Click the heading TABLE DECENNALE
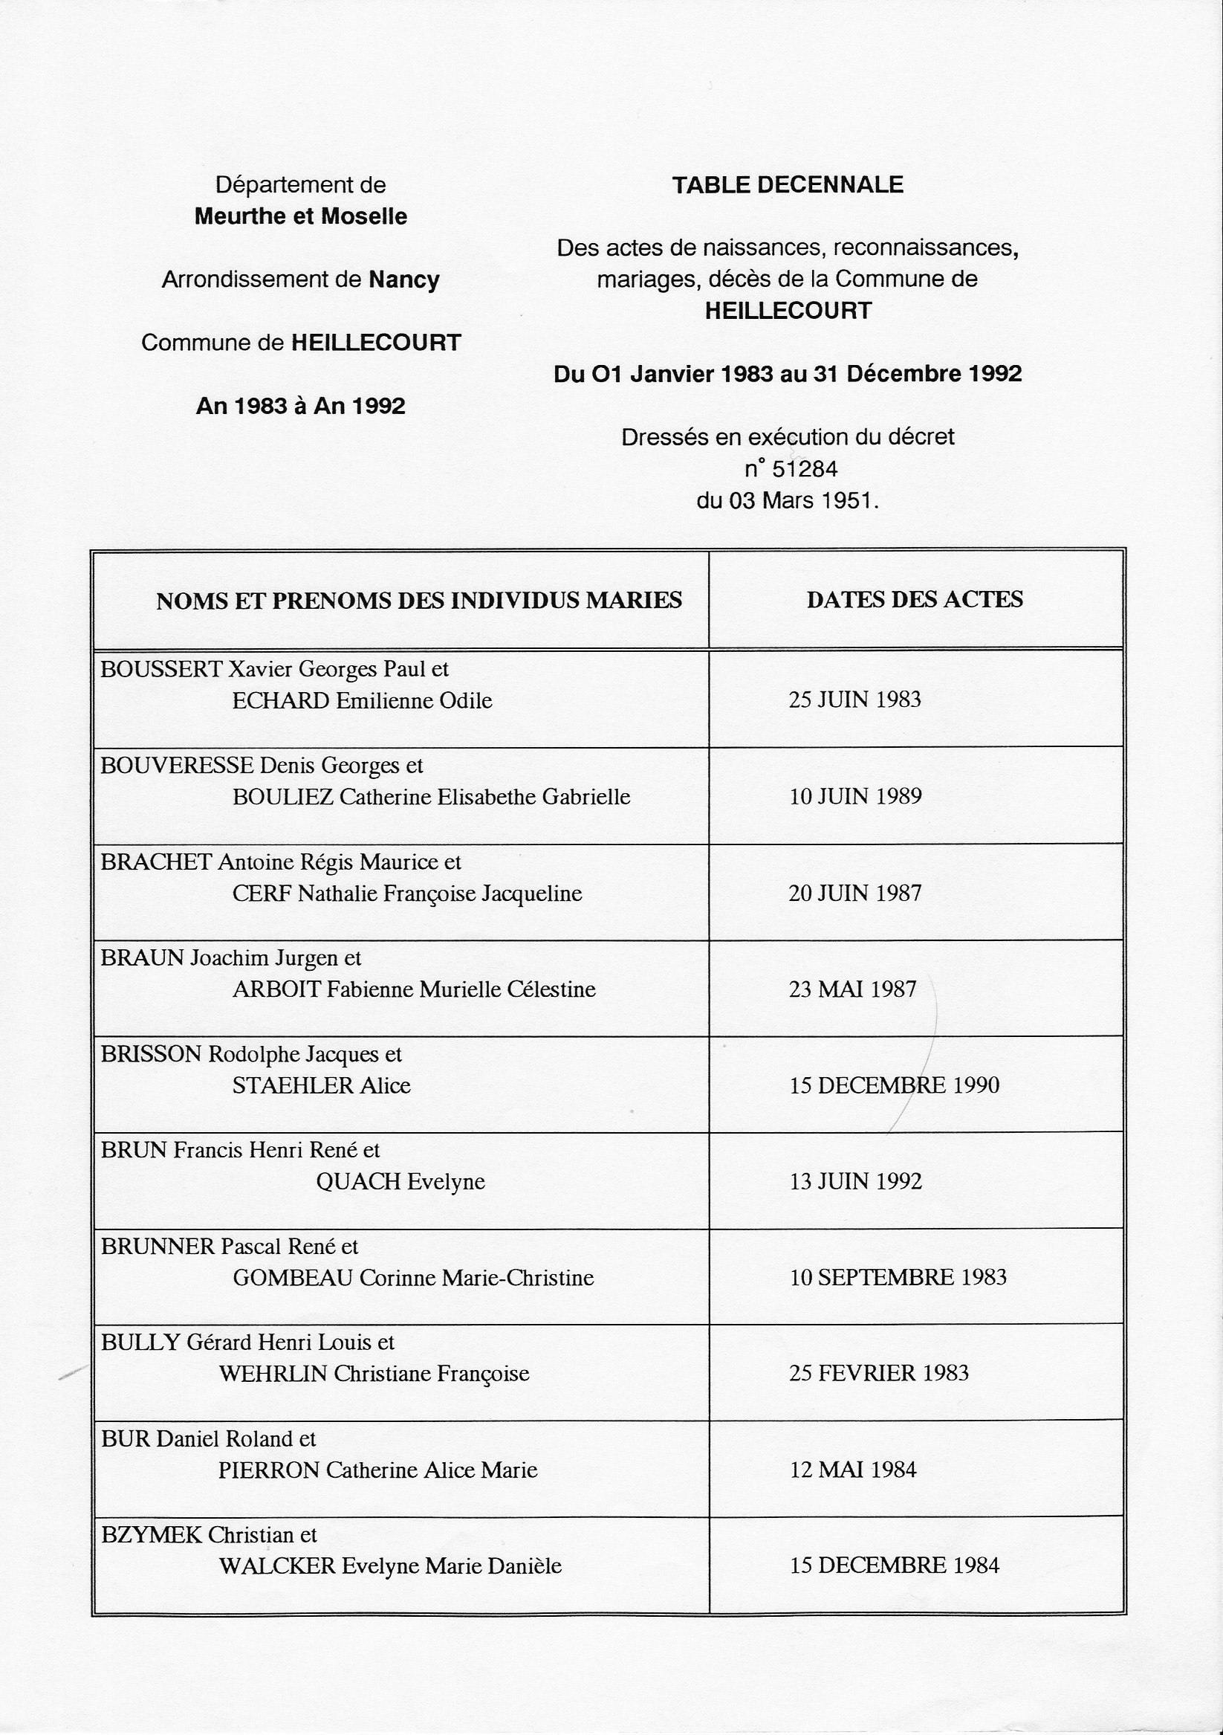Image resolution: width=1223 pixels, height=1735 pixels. (x=787, y=185)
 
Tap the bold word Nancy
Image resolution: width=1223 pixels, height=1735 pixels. (x=403, y=280)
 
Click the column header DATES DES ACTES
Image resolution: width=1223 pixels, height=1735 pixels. (x=914, y=599)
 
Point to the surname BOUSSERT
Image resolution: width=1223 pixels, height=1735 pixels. (x=161, y=670)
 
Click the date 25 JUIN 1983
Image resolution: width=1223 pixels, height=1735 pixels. (x=854, y=700)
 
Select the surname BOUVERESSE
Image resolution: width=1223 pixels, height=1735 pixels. (x=177, y=766)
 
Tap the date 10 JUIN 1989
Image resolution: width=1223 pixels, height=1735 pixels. (x=855, y=796)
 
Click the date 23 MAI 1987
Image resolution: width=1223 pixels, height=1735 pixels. (x=852, y=989)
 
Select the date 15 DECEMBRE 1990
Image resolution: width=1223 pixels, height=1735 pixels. (x=894, y=1086)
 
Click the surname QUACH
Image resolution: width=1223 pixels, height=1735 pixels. (x=358, y=1182)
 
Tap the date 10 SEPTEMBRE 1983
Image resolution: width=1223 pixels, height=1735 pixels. (x=898, y=1278)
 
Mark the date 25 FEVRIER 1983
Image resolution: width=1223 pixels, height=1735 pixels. (x=878, y=1373)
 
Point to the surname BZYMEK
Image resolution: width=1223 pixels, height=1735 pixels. (x=151, y=1536)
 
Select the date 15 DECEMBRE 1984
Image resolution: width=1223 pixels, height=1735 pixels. (x=894, y=1566)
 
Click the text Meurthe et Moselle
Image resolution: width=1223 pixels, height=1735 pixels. (x=301, y=217)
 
